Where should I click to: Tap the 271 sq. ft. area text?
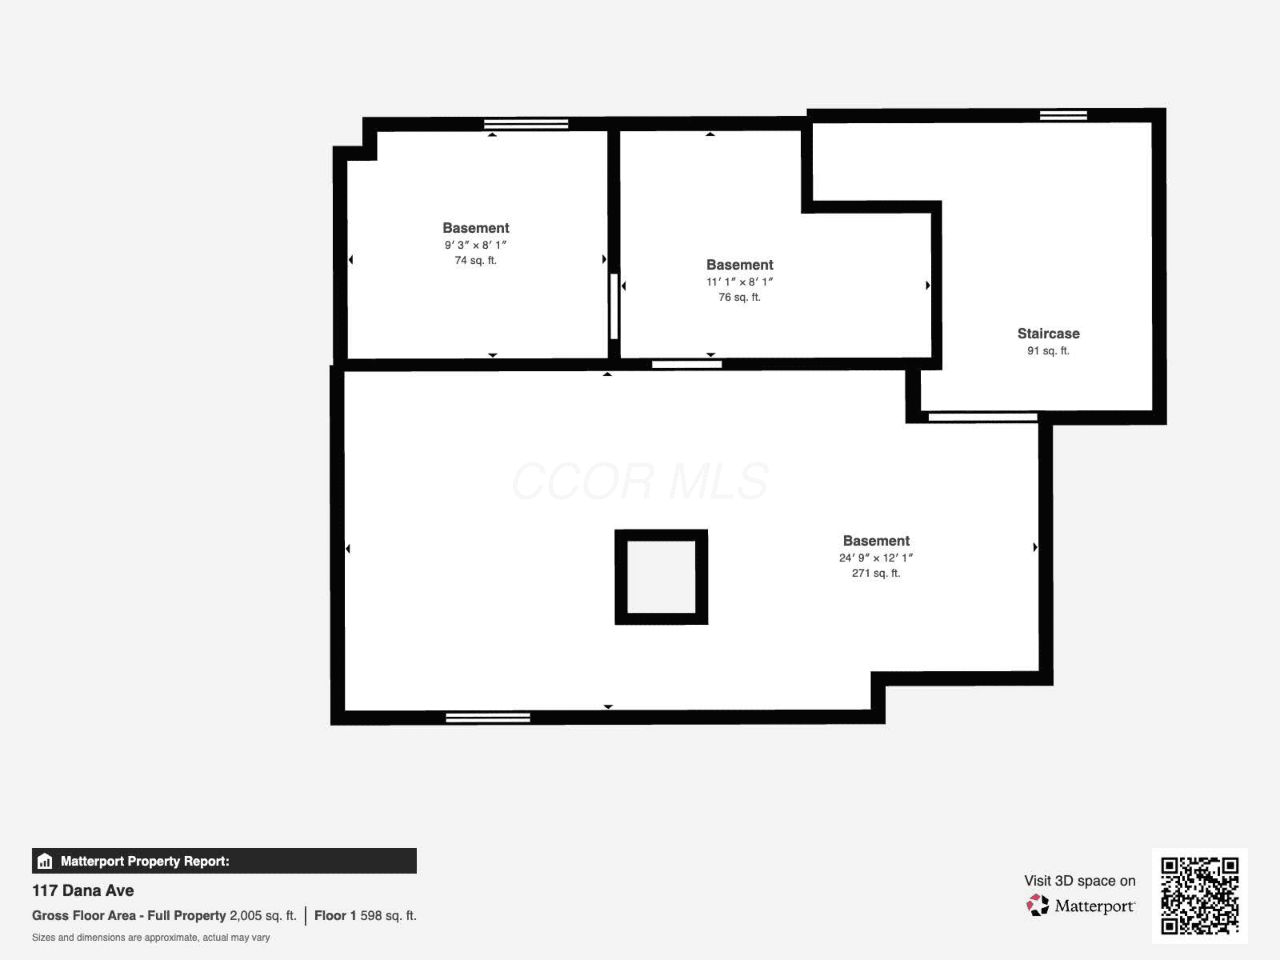876,573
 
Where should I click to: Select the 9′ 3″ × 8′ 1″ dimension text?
475,245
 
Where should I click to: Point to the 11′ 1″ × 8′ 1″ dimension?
739,282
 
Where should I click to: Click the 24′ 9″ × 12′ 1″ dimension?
876,558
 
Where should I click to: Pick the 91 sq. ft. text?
1048,351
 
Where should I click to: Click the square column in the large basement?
661,577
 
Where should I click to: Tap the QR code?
1199,895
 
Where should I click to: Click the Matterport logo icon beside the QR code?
1037,905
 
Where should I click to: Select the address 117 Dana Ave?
83,890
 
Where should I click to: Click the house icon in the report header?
44,861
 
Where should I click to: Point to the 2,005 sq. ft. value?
263,916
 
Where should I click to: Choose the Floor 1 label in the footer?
335,916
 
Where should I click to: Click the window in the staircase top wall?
1063,115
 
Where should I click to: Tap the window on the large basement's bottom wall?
488,718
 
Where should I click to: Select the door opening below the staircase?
983,416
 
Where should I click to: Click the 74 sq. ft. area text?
475,260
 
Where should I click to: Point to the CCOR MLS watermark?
640,481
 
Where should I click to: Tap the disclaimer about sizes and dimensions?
151,937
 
